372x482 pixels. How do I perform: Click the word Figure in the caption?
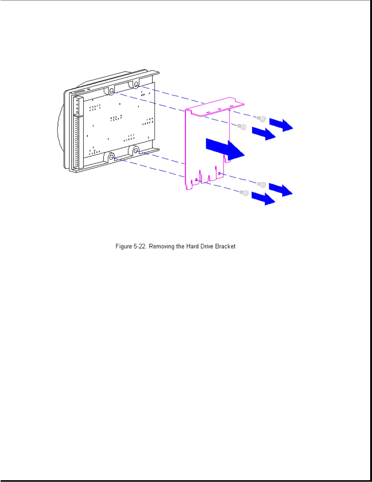coord(123,246)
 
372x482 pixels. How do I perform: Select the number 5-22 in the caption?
coord(140,246)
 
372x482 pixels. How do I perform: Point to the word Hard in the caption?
coord(192,246)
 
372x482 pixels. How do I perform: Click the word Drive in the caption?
coord(207,246)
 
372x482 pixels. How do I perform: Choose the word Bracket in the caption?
coord(225,246)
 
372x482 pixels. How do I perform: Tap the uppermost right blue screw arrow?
coord(281,124)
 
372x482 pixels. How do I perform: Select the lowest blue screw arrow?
coord(263,199)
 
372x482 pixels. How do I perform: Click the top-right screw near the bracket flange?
coord(261,119)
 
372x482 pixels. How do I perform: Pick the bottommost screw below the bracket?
coord(244,193)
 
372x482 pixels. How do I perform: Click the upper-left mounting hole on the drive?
coord(111,91)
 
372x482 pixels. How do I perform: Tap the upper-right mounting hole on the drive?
coord(136,84)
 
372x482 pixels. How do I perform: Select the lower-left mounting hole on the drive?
coord(111,157)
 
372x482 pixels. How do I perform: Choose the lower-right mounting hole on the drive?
coord(136,150)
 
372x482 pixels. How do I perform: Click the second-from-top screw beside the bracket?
coord(242,127)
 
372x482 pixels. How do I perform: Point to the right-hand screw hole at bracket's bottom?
coord(219,173)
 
